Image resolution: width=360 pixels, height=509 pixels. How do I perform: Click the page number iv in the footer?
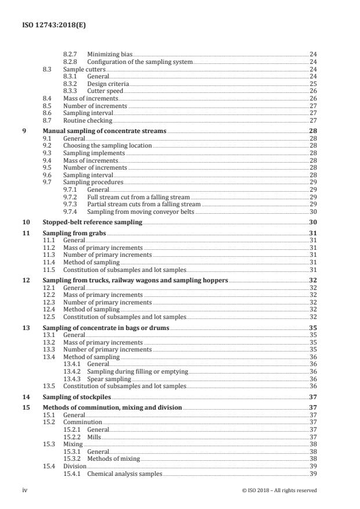(25, 490)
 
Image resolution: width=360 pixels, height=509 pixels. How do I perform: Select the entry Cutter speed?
(105, 91)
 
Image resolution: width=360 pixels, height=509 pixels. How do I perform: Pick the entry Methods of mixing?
(113, 458)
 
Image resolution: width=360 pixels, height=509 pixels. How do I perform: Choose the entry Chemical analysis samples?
(124, 474)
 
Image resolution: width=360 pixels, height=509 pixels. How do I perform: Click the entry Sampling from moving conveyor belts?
(141, 212)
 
